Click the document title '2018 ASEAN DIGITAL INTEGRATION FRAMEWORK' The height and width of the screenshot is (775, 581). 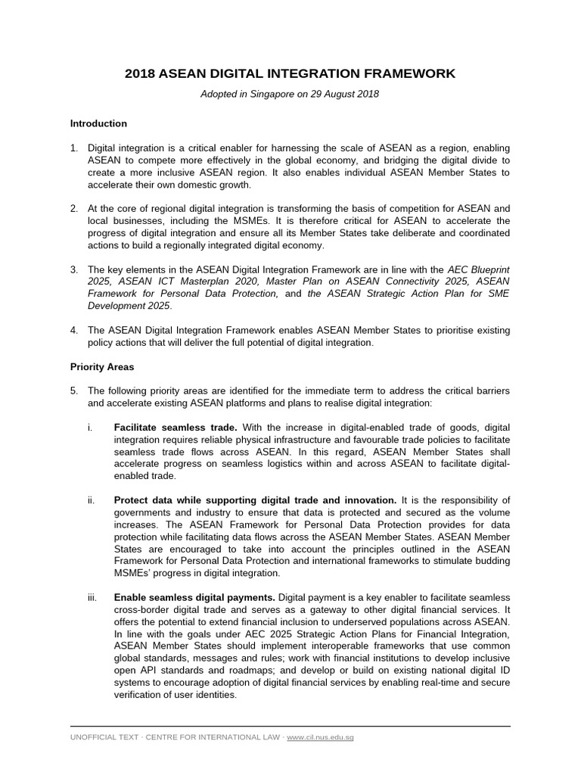290,73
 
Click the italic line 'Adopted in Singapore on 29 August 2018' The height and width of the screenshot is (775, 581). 290,95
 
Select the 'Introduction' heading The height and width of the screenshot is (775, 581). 98,123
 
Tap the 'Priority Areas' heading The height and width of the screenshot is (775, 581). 102,367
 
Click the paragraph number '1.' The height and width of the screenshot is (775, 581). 74,149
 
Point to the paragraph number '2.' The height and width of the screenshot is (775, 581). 74,208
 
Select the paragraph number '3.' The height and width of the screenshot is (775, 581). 74,269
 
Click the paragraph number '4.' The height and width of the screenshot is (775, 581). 74,331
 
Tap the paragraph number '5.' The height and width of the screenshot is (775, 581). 74,391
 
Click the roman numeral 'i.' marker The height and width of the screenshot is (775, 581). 90,428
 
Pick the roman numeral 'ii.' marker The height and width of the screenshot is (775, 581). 91,500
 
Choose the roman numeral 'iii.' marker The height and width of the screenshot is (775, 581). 92,598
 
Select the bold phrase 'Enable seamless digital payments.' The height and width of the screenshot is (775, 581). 194,598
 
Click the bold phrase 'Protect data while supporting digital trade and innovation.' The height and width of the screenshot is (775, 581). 255,500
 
